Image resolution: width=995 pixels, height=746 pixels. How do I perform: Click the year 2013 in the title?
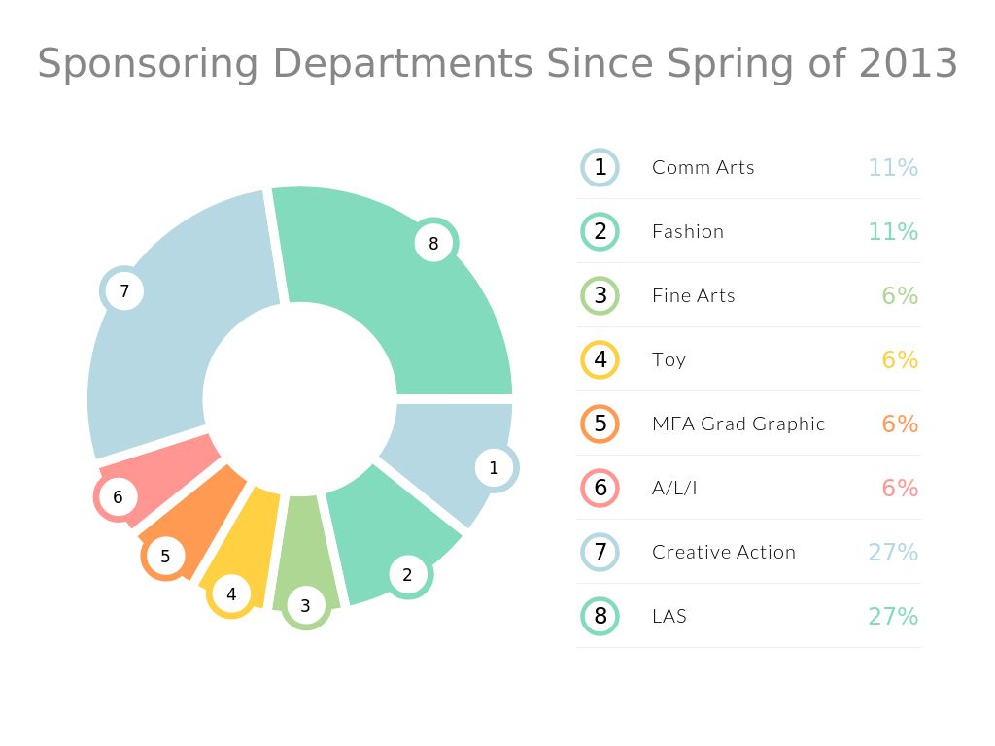909,64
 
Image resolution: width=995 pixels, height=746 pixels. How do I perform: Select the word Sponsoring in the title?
148,64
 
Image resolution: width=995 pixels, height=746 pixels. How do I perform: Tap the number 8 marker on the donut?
433,243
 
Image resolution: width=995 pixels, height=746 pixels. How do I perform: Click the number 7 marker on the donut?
124,290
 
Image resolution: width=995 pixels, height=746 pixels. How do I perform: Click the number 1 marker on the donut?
494,467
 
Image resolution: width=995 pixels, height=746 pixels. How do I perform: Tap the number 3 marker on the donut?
305,606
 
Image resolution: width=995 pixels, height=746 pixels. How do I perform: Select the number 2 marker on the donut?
407,574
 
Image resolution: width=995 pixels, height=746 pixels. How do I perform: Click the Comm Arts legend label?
703,167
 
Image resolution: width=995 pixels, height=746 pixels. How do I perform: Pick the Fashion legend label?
688,231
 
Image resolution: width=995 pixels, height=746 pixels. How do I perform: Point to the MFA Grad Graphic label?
738,424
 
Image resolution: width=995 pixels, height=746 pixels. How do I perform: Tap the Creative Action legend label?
724,552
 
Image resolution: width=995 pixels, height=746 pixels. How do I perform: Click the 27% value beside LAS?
893,616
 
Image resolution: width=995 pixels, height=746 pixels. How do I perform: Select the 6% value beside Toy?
900,359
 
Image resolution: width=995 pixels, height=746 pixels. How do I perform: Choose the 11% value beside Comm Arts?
893,167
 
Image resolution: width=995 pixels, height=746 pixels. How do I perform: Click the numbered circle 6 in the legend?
600,488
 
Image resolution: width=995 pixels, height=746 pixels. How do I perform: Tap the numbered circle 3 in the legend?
600,295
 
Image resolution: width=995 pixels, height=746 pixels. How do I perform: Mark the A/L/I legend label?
674,488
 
